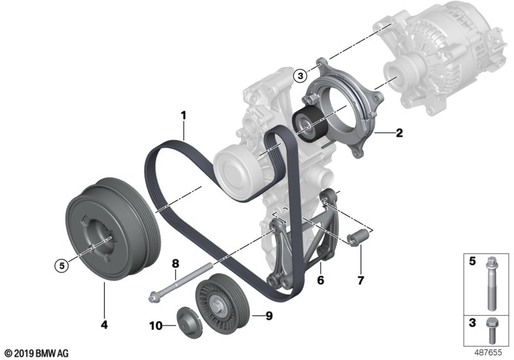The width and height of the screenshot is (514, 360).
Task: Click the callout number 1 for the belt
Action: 183,116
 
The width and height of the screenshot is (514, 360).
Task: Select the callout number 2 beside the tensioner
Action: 399,133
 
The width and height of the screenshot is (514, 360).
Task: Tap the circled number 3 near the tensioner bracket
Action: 300,76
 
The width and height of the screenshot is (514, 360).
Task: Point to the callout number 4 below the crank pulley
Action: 104,325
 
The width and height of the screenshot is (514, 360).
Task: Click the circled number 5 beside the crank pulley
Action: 62,265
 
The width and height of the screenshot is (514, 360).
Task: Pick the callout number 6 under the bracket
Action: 320,280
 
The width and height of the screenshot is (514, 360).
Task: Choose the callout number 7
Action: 360,280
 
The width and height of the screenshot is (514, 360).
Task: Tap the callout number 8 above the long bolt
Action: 175,264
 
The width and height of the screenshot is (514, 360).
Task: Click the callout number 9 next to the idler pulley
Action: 269,316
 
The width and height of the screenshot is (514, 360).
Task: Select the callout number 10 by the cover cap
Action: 155,326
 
